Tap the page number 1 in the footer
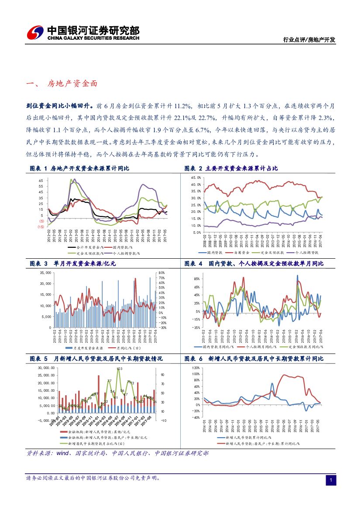[x=331, y=480]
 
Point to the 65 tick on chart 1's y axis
[x=41, y=180]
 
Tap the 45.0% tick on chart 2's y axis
[x=196, y=178]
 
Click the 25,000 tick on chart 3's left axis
[x=45, y=272]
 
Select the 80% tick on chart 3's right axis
[x=161, y=273]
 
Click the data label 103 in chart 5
[x=120, y=369]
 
